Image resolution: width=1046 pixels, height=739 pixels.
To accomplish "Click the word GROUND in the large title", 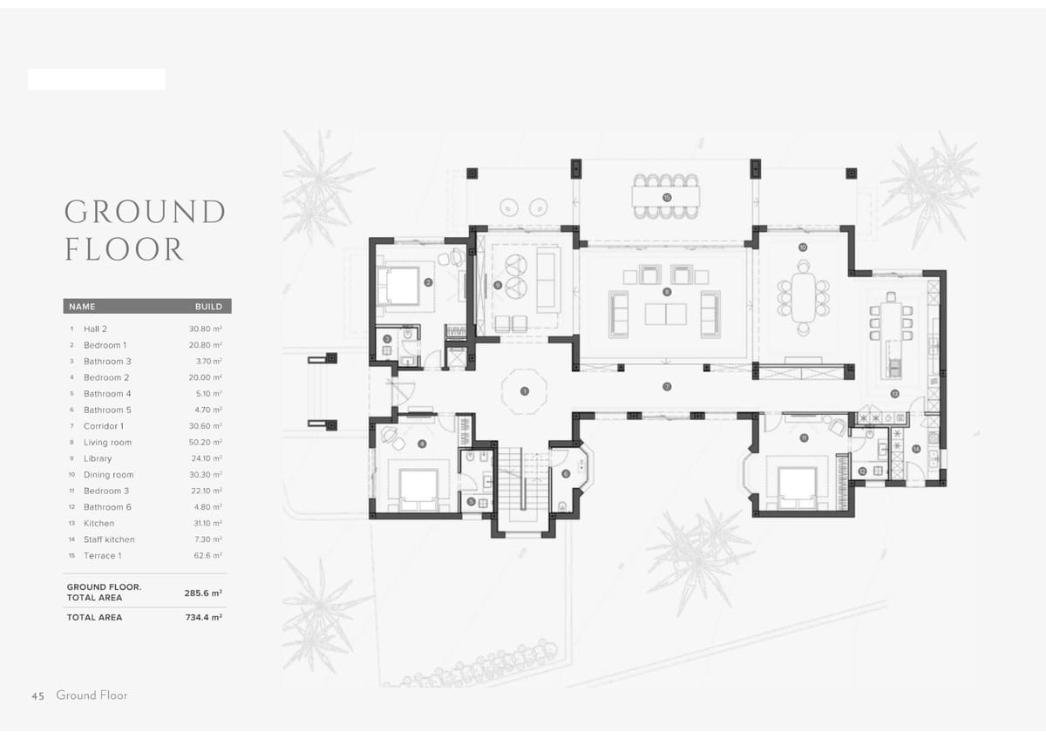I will (145, 212).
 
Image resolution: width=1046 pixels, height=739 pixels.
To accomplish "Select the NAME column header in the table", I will (82, 307).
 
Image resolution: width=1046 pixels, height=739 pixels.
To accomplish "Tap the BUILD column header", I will (208, 307).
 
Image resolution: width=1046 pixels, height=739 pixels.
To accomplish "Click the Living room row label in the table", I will (107, 443).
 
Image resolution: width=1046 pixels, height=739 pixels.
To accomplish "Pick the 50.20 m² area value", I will (206, 443).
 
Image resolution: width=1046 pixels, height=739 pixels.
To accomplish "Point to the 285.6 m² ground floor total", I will (203, 593).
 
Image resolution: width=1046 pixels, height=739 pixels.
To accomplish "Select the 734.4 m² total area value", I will (203, 617).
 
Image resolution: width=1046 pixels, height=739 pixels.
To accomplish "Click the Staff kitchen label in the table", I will (109, 539).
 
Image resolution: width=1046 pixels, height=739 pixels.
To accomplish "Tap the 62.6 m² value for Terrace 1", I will (207, 556).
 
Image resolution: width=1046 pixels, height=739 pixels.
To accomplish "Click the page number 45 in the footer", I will (37, 695).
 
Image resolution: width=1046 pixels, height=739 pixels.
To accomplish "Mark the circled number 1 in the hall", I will (524, 392).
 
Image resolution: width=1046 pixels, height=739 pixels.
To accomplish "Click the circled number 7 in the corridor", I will (667, 386).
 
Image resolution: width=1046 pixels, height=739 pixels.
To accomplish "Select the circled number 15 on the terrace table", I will (667, 198).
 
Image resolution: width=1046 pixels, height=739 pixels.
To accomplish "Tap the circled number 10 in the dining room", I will (802, 247).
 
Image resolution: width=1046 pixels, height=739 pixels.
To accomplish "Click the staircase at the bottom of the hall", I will (522, 485).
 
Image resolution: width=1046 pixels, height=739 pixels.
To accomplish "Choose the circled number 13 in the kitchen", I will (894, 394).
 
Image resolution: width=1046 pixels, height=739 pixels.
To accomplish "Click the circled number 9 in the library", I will (497, 285).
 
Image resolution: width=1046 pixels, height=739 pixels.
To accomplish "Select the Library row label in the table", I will (98, 458).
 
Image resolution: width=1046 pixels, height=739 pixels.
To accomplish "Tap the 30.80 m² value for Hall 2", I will (206, 329).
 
